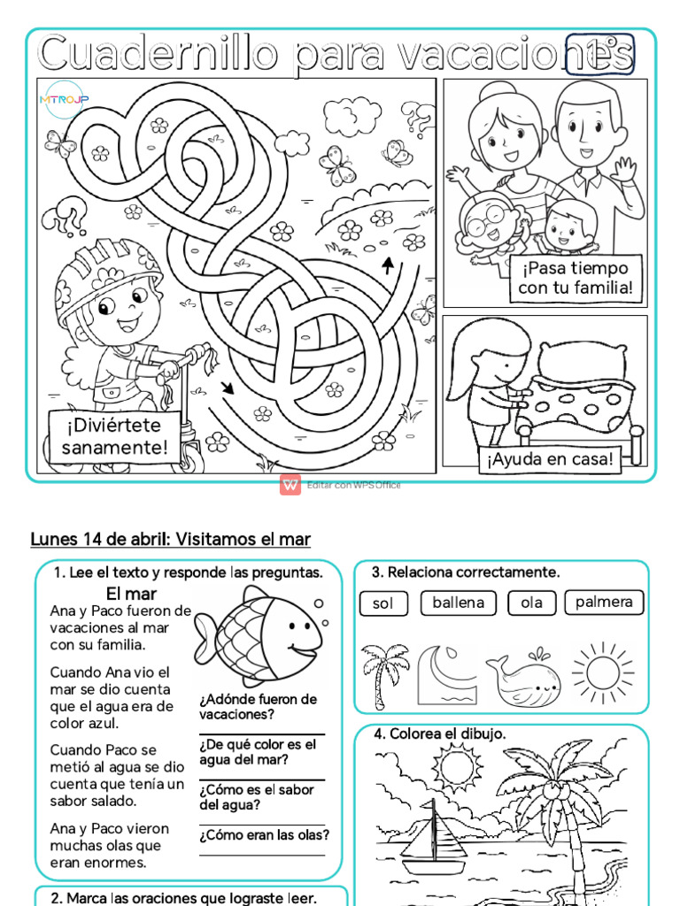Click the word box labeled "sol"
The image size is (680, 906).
pyautogui.click(x=382, y=603)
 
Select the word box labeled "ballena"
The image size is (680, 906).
pyautogui.click(x=458, y=603)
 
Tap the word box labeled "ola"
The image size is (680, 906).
pyautogui.click(x=531, y=603)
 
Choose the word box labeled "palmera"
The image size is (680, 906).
pyautogui.click(x=604, y=602)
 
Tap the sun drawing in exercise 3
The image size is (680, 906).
pyautogui.click(x=602, y=673)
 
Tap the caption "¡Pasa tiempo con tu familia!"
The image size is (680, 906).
pyautogui.click(x=575, y=278)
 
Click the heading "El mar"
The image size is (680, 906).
pyautogui.click(x=131, y=593)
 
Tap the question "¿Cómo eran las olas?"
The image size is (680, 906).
pyautogui.click(x=264, y=835)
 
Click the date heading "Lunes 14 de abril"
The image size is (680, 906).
pyautogui.click(x=100, y=539)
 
